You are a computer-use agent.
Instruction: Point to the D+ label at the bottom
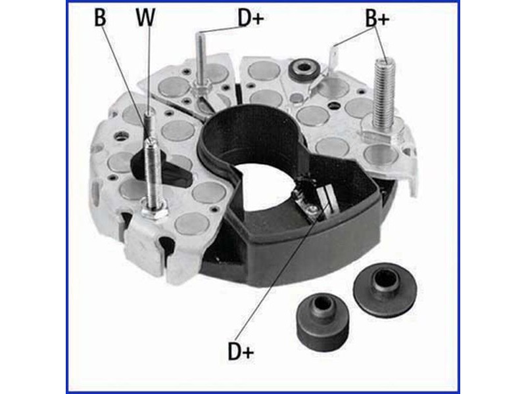coord(241,351)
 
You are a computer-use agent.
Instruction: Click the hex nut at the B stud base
coord(153,211)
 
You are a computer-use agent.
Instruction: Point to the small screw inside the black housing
coord(313,209)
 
